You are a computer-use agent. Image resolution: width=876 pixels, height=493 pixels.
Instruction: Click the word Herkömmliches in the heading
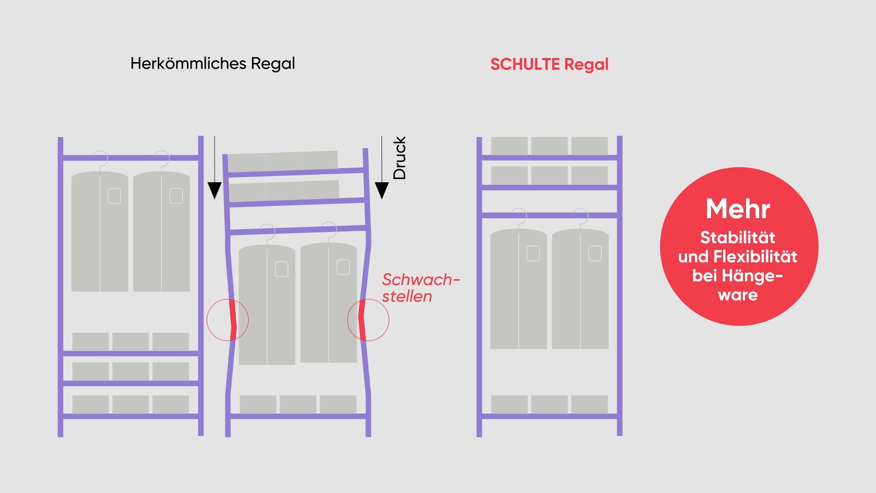(x=188, y=63)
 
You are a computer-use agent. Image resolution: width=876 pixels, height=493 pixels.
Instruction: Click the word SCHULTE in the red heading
(x=525, y=64)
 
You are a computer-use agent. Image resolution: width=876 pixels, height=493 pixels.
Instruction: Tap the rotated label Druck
(x=399, y=158)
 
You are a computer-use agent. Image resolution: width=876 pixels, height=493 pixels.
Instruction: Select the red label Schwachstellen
(x=421, y=288)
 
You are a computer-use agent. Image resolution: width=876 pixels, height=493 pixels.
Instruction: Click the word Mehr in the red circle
(x=738, y=209)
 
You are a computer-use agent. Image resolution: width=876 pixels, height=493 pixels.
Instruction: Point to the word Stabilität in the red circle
(x=738, y=238)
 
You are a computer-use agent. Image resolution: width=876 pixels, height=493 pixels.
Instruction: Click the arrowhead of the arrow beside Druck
(x=382, y=190)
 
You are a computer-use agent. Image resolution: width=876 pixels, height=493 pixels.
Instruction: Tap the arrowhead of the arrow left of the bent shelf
(x=214, y=190)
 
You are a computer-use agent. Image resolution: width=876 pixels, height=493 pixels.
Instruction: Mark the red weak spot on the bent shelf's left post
(x=232, y=320)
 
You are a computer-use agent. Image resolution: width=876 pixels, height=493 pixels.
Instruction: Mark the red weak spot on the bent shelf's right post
(x=362, y=320)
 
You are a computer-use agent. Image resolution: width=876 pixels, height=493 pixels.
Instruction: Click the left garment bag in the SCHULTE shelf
(x=518, y=289)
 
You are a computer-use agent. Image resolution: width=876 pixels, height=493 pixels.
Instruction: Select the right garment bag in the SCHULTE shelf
(x=580, y=289)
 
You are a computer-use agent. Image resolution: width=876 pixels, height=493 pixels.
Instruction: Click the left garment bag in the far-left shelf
(x=99, y=231)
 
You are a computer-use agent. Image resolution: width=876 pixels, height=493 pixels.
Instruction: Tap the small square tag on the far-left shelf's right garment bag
(x=176, y=196)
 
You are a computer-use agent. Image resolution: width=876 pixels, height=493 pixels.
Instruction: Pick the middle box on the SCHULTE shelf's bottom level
(x=549, y=404)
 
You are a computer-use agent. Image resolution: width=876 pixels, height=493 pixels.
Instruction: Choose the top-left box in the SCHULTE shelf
(x=509, y=146)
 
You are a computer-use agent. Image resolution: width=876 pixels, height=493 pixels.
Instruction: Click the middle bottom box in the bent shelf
(x=298, y=404)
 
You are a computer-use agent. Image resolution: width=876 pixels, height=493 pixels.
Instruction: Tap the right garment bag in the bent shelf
(x=328, y=303)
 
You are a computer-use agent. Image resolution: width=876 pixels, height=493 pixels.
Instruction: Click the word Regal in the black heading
(x=273, y=64)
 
